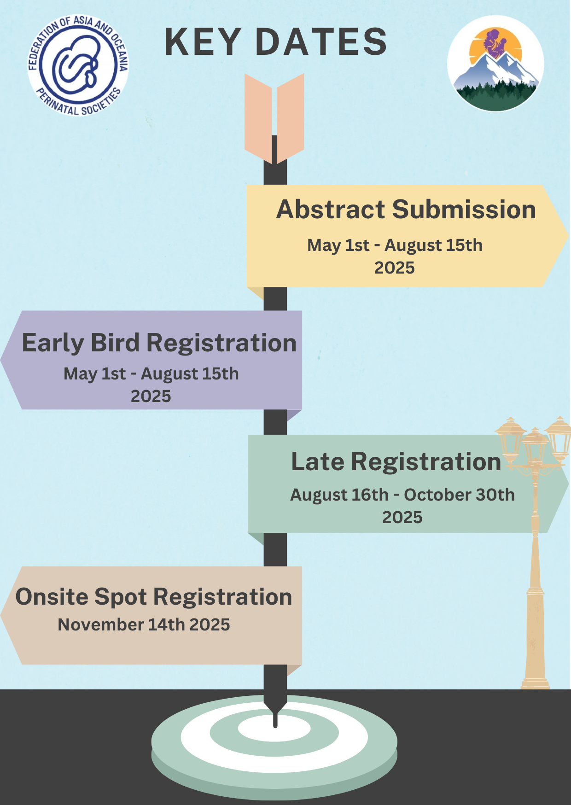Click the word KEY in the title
tap(203, 42)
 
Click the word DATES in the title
tap(321, 42)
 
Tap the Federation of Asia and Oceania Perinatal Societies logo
tap(78, 65)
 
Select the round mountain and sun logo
tap(495, 63)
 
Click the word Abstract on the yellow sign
tap(330, 210)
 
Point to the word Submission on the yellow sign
tap(464, 210)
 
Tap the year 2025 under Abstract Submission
tap(394, 268)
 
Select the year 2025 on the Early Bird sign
tap(151, 396)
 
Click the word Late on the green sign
tap(317, 461)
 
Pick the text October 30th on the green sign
tap(459, 495)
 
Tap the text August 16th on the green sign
tap(339, 495)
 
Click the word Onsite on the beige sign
tap(52, 597)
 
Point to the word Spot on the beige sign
tap(121, 597)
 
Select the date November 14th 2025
tap(144, 624)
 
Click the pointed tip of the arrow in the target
tap(275, 726)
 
